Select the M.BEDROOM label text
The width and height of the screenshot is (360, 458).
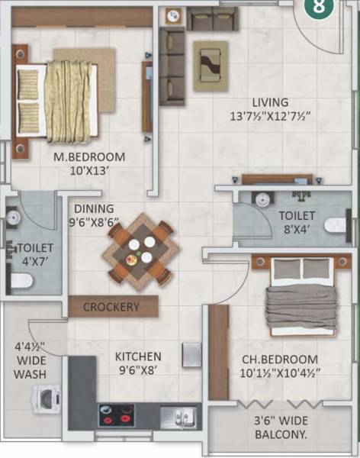click(88, 157)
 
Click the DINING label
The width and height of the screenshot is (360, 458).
click(95, 208)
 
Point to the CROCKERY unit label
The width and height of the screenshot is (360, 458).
click(111, 307)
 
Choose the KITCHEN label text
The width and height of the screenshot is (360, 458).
click(138, 356)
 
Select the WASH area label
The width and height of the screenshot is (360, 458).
click(30, 374)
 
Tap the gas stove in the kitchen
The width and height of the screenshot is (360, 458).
click(116, 414)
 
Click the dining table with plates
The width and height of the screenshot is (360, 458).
click(140, 250)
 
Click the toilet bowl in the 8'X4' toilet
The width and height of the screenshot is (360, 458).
click(337, 225)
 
